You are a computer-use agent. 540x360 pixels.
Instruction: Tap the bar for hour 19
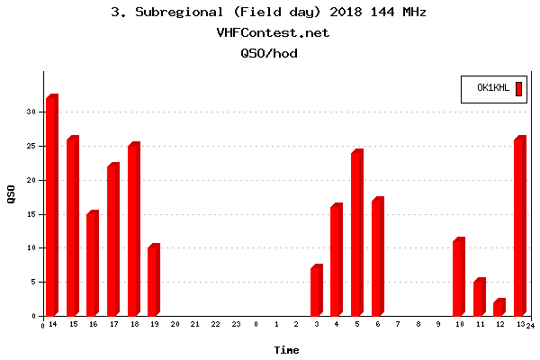154,280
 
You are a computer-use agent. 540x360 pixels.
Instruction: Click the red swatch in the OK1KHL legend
518,88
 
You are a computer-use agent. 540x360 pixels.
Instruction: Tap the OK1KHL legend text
493,88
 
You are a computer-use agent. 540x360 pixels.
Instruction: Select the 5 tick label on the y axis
32,282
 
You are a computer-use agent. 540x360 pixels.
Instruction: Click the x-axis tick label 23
236,324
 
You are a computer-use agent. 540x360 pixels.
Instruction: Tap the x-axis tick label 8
418,324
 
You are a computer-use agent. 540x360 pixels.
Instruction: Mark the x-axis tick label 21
194,324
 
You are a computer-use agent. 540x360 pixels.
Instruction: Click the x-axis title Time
287,350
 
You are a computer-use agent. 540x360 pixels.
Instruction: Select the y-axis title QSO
11,193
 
